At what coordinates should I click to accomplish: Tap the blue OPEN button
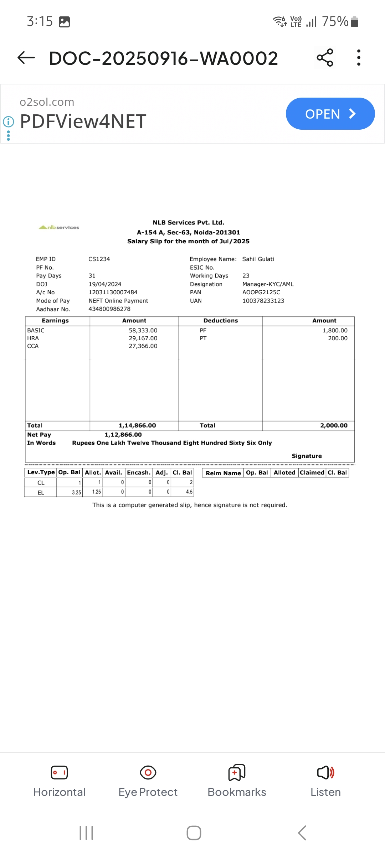coord(330,114)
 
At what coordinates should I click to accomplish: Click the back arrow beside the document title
coord(26,57)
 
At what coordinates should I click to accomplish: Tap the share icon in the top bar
coord(325,58)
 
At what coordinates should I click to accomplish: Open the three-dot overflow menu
coord(359,58)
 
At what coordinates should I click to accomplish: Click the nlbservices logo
coord(59,227)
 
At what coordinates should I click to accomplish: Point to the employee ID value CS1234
coord(99,259)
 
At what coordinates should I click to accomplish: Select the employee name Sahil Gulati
coord(258,259)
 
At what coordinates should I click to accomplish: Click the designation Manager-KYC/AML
coord(268,284)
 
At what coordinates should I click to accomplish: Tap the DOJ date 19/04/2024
coord(105,284)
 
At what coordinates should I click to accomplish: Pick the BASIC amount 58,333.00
coord(143,330)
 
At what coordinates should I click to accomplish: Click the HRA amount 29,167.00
coord(143,338)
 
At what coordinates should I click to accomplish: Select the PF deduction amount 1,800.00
coord(335,330)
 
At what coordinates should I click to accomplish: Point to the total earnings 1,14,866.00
coord(137,425)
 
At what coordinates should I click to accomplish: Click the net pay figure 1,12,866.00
coord(123,435)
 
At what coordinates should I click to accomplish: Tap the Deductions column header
coord(221,321)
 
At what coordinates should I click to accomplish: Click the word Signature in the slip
coord(307,456)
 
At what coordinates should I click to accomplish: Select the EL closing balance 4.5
coord(189,492)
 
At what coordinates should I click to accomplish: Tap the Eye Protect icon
coord(148,772)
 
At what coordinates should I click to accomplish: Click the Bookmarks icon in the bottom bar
coord(237,772)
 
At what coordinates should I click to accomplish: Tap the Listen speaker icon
coord(325,772)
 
